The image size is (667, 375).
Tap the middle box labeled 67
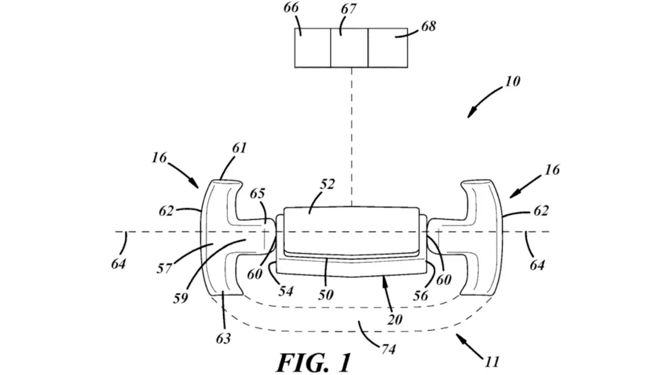pyautogui.click(x=349, y=48)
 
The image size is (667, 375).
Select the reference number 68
pyautogui.click(x=428, y=26)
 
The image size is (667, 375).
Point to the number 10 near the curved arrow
pyautogui.click(x=512, y=81)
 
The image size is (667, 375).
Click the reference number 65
pyautogui.click(x=257, y=193)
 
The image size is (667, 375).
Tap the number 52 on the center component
pyautogui.click(x=328, y=185)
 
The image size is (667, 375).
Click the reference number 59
pyautogui.click(x=181, y=297)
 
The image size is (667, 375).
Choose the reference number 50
pyautogui.click(x=326, y=294)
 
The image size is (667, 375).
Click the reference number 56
pyautogui.click(x=420, y=295)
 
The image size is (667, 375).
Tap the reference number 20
pyautogui.click(x=395, y=319)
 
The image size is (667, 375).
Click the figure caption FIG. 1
pyautogui.click(x=314, y=362)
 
